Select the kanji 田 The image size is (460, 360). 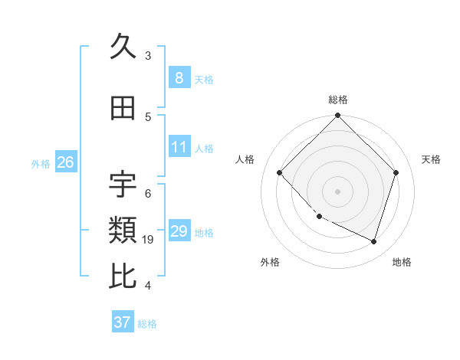click(x=123, y=109)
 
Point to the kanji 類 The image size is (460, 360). click(x=123, y=229)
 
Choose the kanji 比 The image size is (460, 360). click(x=123, y=276)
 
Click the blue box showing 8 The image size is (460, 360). click(x=179, y=78)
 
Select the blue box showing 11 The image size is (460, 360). click(x=179, y=147)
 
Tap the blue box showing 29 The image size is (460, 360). click(x=179, y=231)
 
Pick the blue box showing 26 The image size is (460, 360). click(x=65, y=162)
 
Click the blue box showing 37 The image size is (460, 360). click(x=123, y=322)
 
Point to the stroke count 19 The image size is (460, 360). click(x=148, y=240)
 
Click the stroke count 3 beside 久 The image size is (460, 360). click(x=148, y=56)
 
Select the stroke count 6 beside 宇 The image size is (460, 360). click(x=148, y=194)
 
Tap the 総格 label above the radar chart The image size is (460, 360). click(x=338, y=100)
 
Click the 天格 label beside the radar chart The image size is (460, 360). click(x=431, y=159)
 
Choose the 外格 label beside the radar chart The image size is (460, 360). click(x=270, y=262)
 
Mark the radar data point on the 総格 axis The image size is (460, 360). click(x=338, y=116)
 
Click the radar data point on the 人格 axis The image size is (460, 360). click(x=280, y=173)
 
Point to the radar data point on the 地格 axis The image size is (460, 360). click(x=373, y=241)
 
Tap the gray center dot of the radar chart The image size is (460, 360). click(x=338, y=191)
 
